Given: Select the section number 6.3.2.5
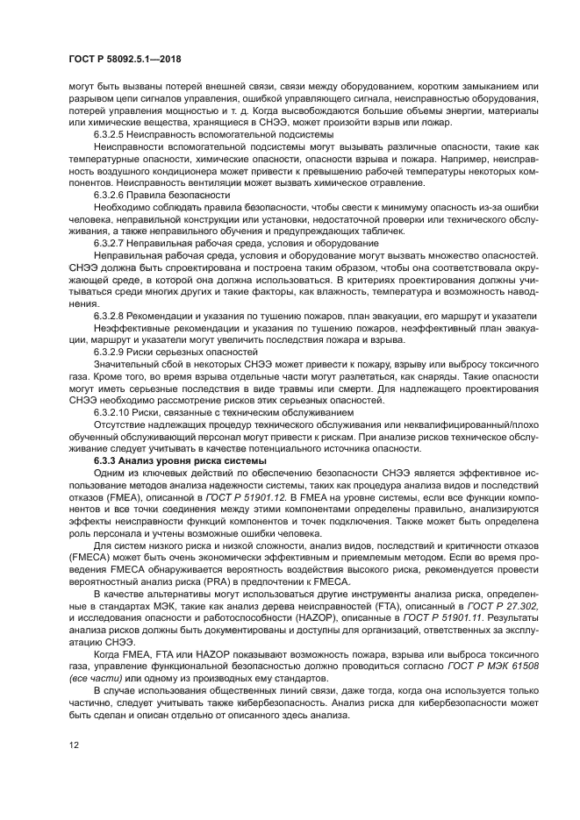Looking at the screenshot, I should [110, 136].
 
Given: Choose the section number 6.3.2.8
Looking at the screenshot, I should [110, 313].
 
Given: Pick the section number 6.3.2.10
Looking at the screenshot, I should [111, 410].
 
